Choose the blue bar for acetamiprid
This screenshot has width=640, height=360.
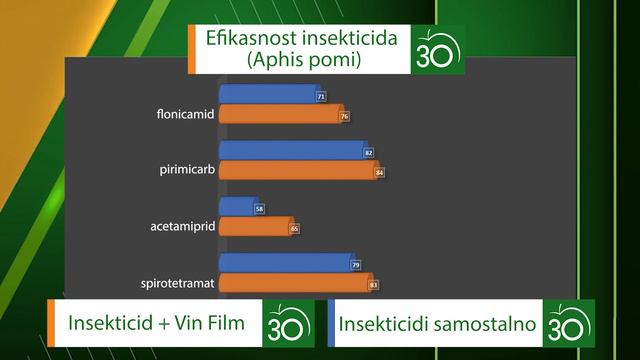pos(238,207)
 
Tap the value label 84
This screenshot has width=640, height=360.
pos(379,173)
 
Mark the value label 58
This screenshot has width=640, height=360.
pos(260,209)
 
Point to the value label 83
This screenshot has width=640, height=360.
pos(373,285)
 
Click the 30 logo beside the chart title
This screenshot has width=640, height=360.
pos(437,50)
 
